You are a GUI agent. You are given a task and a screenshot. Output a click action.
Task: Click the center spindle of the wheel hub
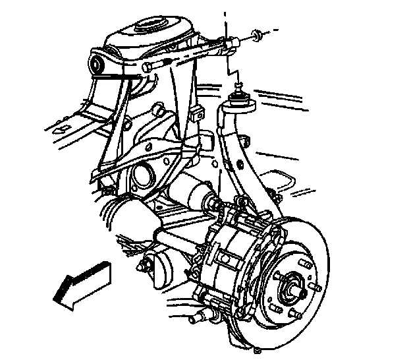(x=293, y=289)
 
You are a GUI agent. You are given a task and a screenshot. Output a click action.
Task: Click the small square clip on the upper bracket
(x=196, y=116)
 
